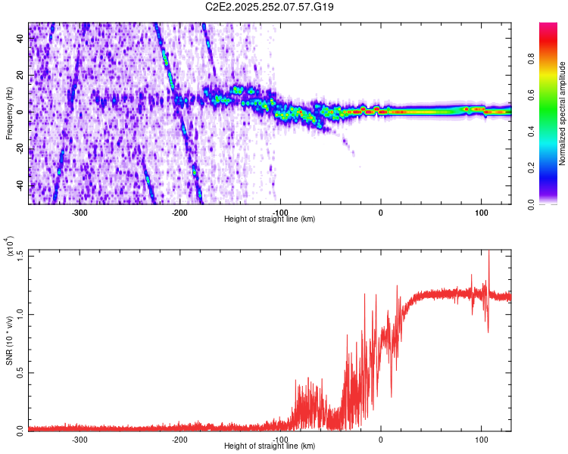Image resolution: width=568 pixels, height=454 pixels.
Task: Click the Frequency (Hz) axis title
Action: click(x=9, y=113)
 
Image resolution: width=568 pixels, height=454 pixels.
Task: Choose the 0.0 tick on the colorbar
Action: click(x=552, y=204)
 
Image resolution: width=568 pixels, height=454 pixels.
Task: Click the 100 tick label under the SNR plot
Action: click(x=481, y=439)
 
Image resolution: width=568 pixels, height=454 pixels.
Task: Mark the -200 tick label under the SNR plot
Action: click(x=179, y=439)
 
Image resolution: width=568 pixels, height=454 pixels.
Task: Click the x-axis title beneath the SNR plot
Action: click(x=270, y=446)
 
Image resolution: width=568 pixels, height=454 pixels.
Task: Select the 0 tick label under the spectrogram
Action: click(x=381, y=213)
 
